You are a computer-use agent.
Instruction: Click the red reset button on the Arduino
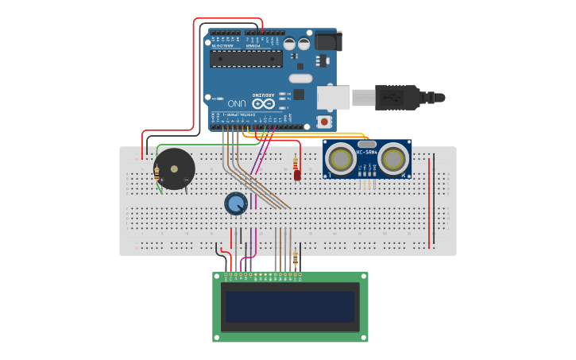coord(324,122)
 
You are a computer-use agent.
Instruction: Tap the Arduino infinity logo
coord(263,103)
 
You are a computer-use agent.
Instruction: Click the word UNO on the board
coord(237,103)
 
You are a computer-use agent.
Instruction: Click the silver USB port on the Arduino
coord(333,97)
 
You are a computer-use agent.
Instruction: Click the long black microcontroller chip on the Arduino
coord(245,58)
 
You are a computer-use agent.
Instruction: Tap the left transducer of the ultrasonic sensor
coord(342,159)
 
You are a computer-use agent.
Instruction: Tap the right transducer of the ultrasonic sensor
coord(393,159)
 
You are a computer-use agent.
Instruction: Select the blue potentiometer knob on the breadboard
coord(235,204)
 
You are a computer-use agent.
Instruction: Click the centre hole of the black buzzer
coord(174,168)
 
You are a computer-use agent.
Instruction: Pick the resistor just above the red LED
coord(296,164)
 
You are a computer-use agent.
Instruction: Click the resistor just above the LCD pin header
coord(296,258)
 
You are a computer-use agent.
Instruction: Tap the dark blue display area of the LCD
coord(290,306)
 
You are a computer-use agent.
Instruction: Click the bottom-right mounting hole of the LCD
coord(363,337)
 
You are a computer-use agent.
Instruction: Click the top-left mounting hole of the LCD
coord(217,277)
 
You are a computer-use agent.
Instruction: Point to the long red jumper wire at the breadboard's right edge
coord(430,203)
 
